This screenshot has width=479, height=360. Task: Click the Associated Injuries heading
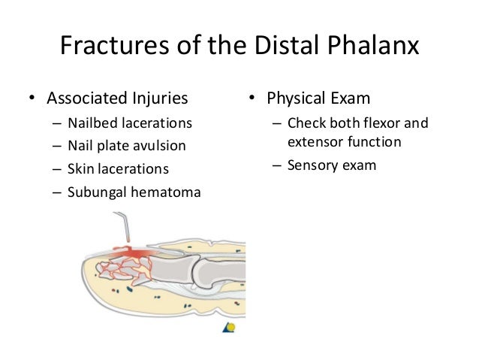(x=117, y=98)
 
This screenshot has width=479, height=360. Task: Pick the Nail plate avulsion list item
(x=126, y=146)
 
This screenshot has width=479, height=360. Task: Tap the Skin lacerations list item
(x=118, y=168)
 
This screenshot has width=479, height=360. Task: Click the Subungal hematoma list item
(x=134, y=192)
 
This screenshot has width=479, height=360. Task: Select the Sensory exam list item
(x=331, y=165)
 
